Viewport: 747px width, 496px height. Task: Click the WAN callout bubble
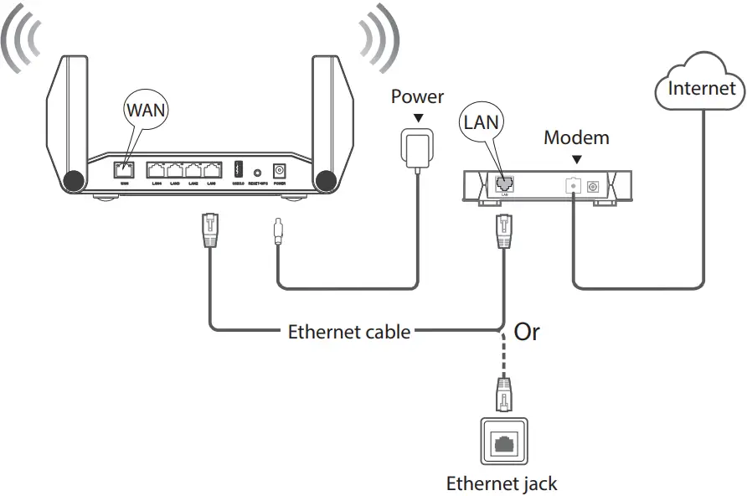tap(147, 109)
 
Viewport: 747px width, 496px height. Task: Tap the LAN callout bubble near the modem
tap(481, 123)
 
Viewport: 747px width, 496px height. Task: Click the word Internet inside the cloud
tap(701, 88)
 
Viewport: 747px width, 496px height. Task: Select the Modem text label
tap(576, 137)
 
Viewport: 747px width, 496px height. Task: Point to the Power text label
tap(417, 97)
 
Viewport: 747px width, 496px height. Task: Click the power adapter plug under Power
tap(416, 147)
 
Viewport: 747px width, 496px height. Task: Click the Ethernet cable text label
tap(349, 331)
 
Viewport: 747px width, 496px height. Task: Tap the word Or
tap(527, 331)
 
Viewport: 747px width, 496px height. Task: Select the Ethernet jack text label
tap(502, 483)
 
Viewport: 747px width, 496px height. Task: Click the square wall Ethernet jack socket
tap(503, 441)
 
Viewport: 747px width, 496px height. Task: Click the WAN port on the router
tap(124, 169)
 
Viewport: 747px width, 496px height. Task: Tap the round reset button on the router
tap(257, 170)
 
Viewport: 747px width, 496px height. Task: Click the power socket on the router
tap(279, 169)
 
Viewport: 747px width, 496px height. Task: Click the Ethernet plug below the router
tap(209, 230)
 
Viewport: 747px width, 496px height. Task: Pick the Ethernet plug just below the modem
tap(503, 230)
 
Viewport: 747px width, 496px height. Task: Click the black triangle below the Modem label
tap(576, 158)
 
